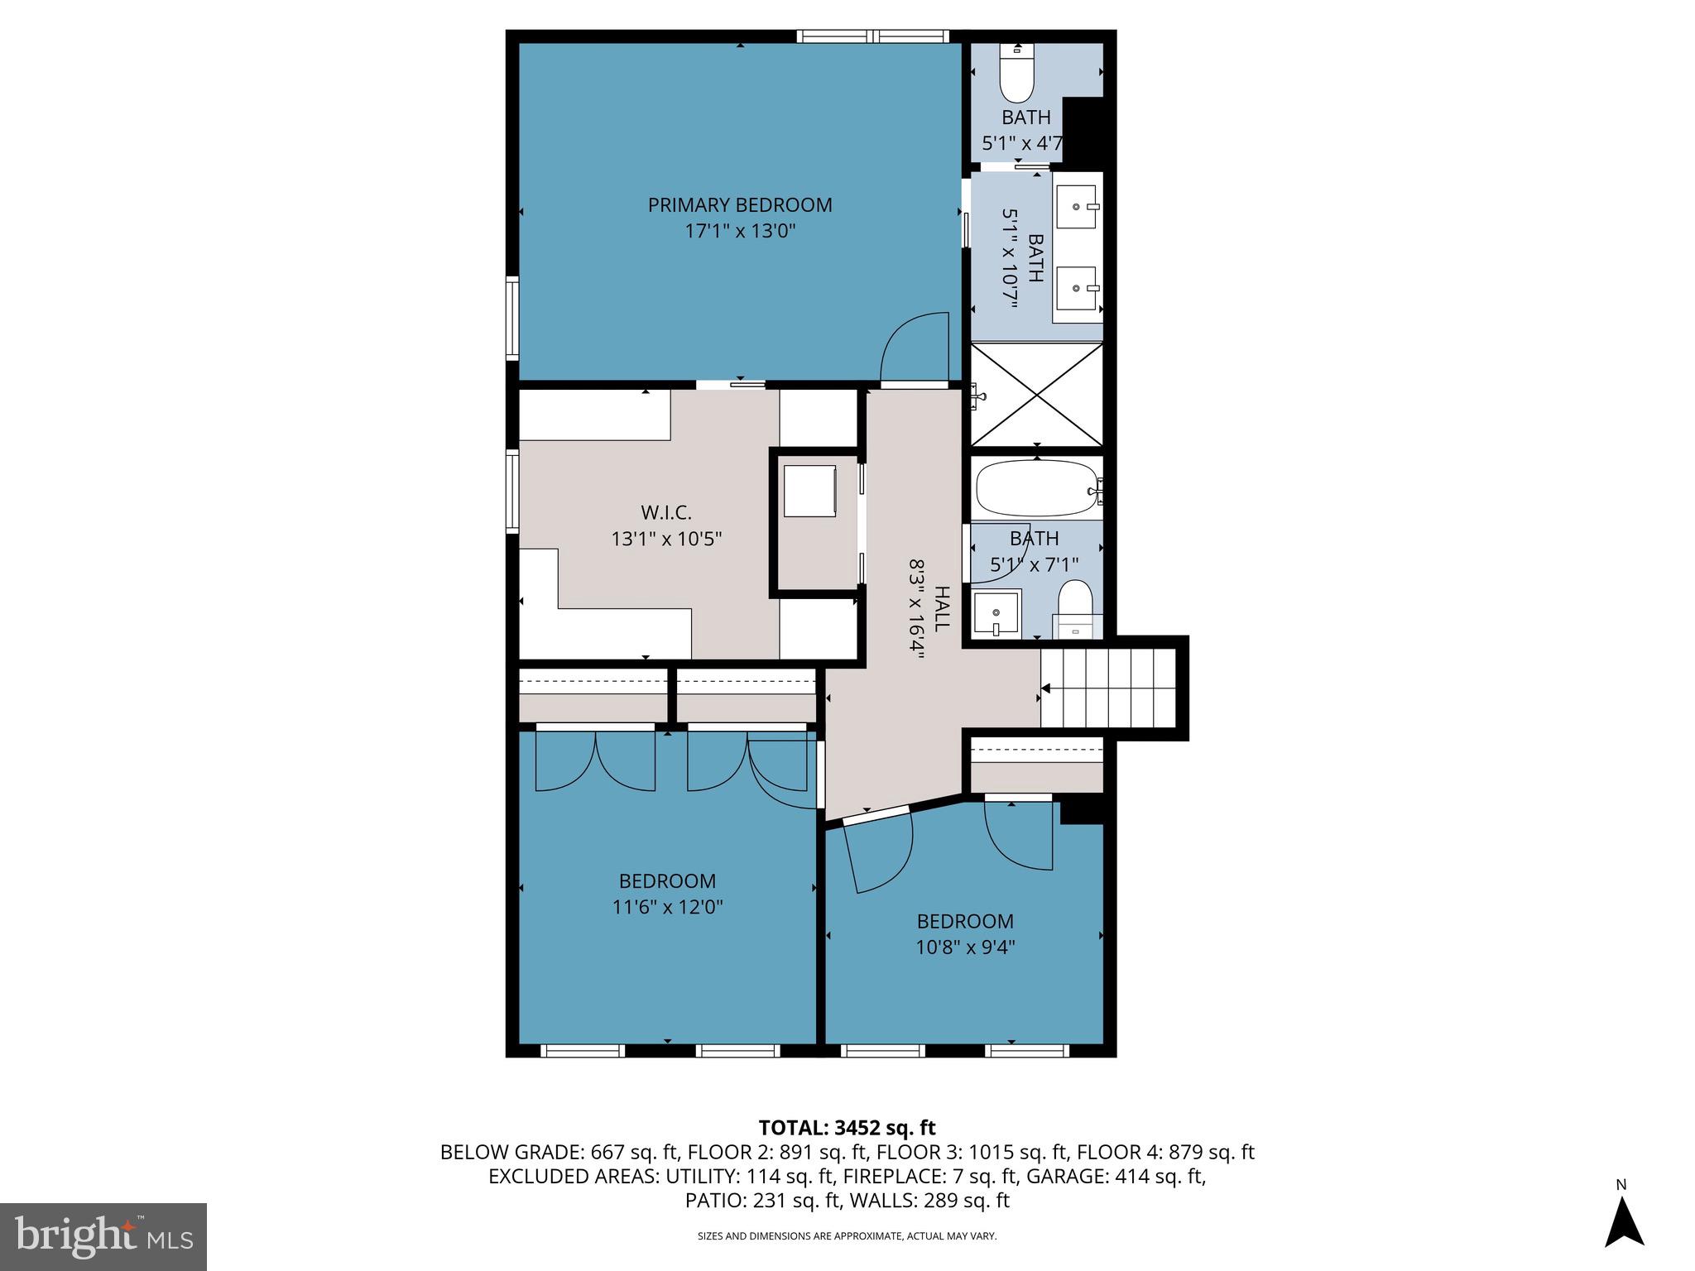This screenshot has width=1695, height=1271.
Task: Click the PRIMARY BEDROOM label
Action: click(x=739, y=204)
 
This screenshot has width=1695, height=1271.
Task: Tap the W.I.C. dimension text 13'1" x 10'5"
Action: click(x=666, y=540)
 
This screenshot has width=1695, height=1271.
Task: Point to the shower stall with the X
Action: click(x=1036, y=395)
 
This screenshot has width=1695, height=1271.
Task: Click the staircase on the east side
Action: click(x=1109, y=688)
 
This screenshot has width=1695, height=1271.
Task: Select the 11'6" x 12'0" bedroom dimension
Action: click(x=667, y=907)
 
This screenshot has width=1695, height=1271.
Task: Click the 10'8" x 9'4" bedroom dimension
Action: click(x=965, y=947)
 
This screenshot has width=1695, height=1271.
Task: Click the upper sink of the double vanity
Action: click(x=1078, y=206)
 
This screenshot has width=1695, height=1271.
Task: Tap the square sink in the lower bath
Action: click(x=996, y=613)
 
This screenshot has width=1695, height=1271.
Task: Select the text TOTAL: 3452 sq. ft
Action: click(x=847, y=1128)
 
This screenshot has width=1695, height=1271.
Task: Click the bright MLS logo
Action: click(x=103, y=1236)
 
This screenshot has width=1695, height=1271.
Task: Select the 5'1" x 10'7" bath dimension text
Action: click(x=1010, y=257)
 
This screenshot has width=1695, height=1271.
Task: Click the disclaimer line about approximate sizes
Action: click(x=847, y=1236)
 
